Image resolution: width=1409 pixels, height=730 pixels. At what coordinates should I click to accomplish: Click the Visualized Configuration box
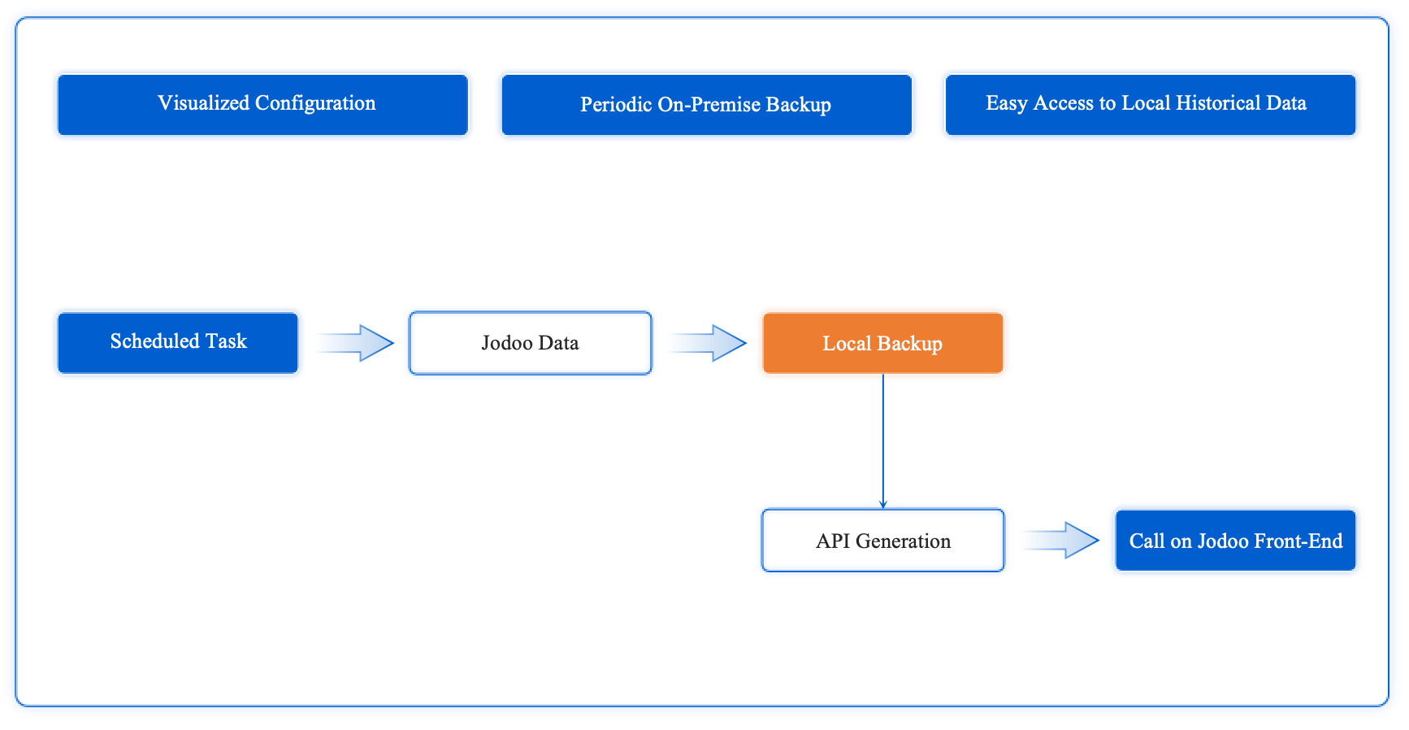(x=262, y=105)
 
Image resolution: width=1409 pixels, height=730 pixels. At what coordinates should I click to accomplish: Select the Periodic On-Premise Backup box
(x=706, y=105)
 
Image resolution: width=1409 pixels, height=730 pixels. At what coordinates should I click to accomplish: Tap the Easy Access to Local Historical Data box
(x=1150, y=105)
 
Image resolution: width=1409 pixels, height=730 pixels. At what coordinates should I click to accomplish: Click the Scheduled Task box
(x=178, y=342)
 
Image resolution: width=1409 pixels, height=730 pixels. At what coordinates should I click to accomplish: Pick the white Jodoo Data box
(x=530, y=342)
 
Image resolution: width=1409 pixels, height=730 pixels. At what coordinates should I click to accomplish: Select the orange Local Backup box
(x=882, y=342)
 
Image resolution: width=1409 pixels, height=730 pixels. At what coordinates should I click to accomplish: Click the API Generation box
(x=882, y=541)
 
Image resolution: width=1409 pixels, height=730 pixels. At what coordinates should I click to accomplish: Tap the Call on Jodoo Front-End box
(x=1235, y=541)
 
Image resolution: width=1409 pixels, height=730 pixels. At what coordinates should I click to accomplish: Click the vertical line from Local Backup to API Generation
(x=883, y=439)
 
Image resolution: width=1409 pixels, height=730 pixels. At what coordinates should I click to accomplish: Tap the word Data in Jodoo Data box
(x=558, y=343)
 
